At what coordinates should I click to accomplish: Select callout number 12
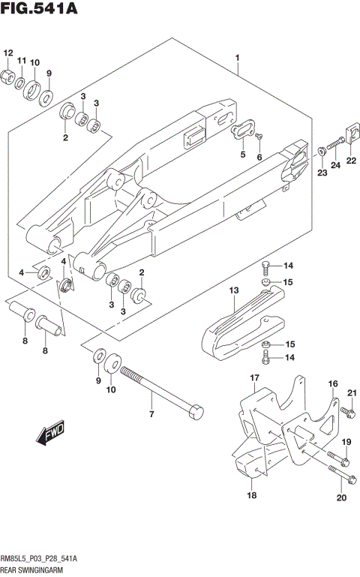pos(9,53)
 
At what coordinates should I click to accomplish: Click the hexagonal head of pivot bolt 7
pos(196,411)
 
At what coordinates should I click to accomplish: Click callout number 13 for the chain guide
pos(233,290)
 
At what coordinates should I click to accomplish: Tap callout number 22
pos(350,161)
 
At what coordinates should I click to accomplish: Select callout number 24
pos(335,164)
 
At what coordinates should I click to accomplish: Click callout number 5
pos(242,155)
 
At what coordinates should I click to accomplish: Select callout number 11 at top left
pos(22,60)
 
